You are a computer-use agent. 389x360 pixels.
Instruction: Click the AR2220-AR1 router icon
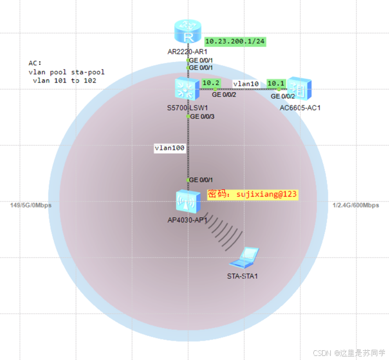coord(188,33)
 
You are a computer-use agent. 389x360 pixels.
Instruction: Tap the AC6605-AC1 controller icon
coord(300,88)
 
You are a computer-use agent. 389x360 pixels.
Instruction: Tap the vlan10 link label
coord(246,83)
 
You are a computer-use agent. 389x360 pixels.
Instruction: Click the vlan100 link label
coord(169,148)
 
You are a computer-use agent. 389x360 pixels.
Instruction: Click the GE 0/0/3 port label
coord(201,117)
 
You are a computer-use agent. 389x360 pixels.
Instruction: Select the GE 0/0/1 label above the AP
coord(200,180)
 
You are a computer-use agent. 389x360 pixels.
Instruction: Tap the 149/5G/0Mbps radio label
coord(31,205)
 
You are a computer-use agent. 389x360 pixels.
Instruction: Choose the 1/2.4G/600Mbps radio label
coord(356,205)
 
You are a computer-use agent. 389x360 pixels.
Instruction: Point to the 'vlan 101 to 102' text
coord(64,81)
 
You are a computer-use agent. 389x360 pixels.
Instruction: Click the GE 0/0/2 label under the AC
coord(283,96)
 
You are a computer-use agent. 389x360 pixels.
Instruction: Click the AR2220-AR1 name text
coord(187,52)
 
